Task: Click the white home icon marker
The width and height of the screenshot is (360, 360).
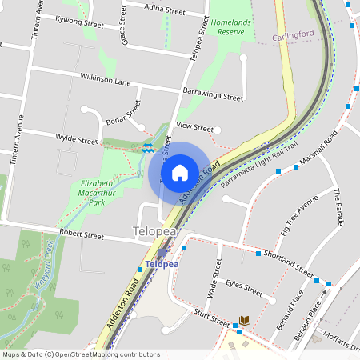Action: pyautogui.click(x=180, y=172)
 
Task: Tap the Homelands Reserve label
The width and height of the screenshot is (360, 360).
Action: pyautogui.click(x=231, y=26)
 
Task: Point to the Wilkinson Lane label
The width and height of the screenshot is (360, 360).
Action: pyautogui.click(x=105, y=80)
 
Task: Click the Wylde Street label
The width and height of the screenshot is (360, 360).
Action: pyautogui.click(x=76, y=138)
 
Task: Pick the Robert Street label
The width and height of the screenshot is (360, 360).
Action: pyautogui.click(x=82, y=236)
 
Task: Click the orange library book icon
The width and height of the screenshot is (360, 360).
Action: pyautogui.click(x=245, y=320)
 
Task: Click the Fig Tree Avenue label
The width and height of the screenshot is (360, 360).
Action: pyautogui.click(x=298, y=215)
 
